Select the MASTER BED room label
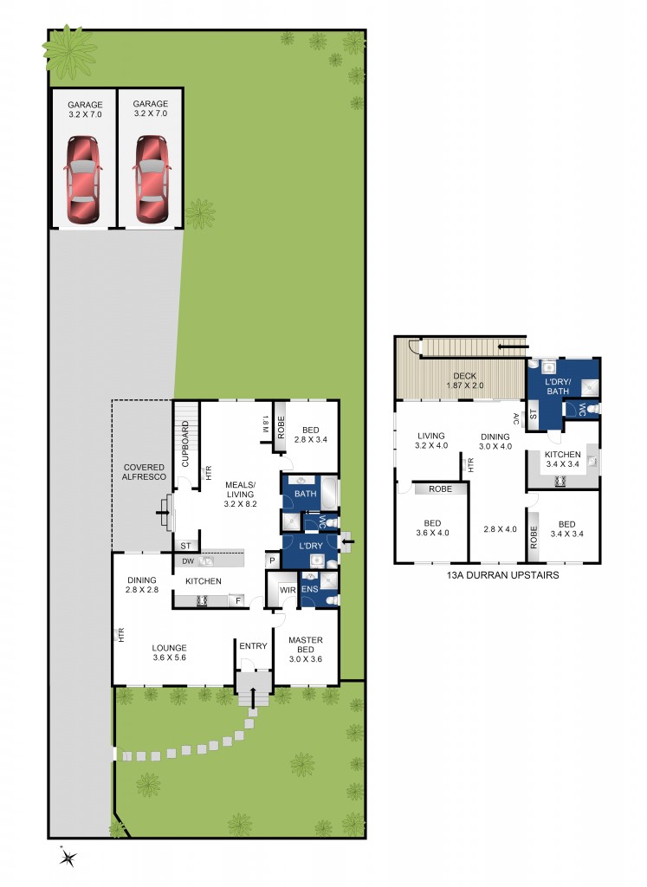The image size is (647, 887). pos(305,645)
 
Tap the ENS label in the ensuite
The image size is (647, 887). pos(310,590)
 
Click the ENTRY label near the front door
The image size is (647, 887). pos(254,646)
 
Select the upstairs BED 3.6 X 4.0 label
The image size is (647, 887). pos(432,528)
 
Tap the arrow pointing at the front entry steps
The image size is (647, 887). pos(254,699)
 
